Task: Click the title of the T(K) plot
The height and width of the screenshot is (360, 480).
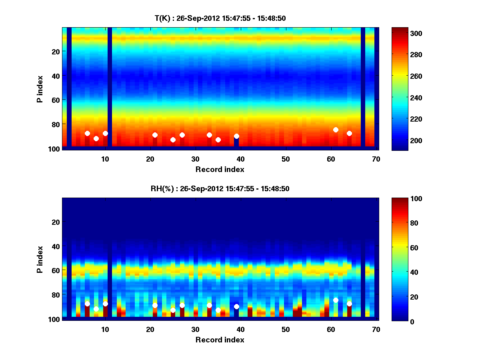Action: click(x=220, y=18)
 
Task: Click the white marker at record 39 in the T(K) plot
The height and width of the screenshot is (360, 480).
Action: click(x=236, y=136)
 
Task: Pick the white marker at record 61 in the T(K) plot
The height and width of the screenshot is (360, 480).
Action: click(x=336, y=130)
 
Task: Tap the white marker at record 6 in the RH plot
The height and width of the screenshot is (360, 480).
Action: click(x=87, y=304)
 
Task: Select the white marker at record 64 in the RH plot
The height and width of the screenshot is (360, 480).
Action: click(x=349, y=304)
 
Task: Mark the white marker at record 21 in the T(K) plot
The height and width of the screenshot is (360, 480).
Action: click(x=155, y=135)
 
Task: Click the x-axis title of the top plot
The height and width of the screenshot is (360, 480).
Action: click(x=220, y=169)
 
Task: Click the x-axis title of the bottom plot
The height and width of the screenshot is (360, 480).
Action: click(x=220, y=340)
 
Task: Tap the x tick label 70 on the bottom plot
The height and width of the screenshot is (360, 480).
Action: click(x=376, y=329)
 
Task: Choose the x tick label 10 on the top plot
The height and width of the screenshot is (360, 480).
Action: click(x=105, y=159)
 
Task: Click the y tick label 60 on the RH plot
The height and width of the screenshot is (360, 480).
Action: click(x=55, y=270)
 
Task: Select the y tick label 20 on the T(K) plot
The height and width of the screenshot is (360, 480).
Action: click(x=55, y=51)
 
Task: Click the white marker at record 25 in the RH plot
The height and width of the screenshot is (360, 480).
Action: click(x=173, y=310)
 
